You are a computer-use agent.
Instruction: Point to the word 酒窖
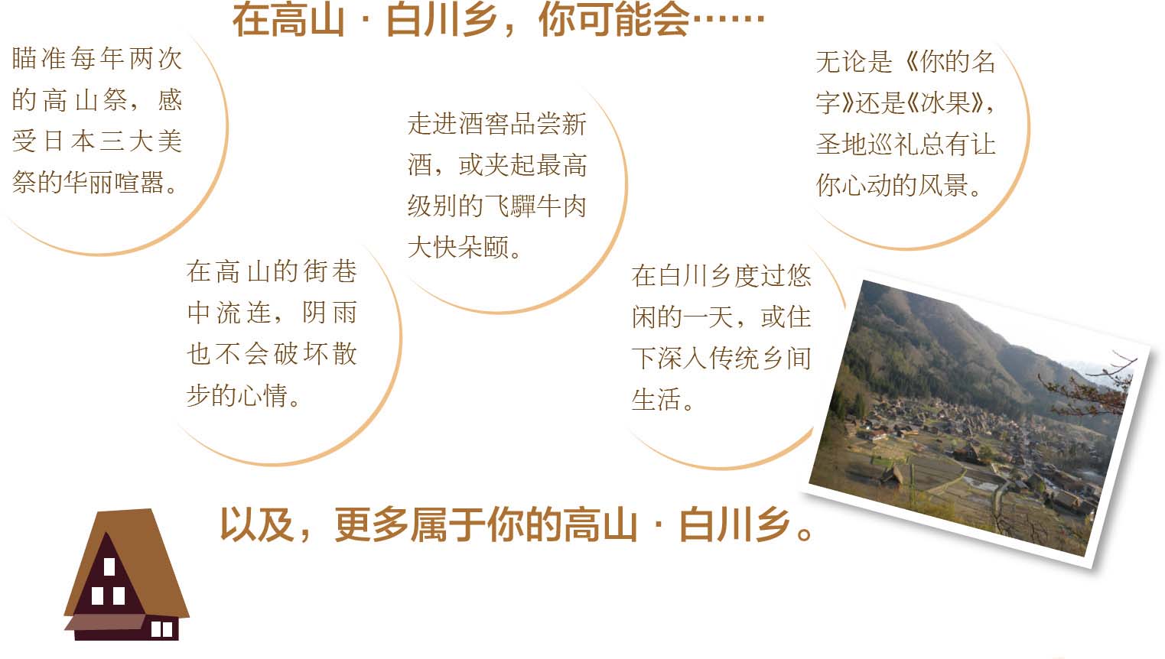(x=471, y=124)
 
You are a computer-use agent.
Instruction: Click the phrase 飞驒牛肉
(x=535, y=206)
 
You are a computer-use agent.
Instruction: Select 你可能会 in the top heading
(x=613, y=21)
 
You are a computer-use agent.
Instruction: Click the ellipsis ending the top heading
(x=728, y=19)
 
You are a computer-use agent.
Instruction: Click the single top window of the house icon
(x=109, y=566)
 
